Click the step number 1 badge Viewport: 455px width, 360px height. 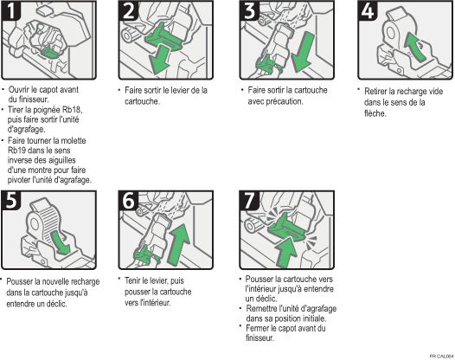(11, 10)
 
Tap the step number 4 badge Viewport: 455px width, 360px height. (368, 10)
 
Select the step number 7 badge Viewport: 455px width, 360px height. (249, 200)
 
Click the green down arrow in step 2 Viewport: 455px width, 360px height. (159, 60)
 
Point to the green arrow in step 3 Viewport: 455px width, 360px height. (303, 53)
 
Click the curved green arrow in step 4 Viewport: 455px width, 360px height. (415, 47)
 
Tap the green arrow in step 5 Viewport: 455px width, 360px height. (61, 242)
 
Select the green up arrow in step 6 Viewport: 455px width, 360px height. (179, 244)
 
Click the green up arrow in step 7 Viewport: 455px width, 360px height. (286, 252)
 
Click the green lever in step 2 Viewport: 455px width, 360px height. (163, 37)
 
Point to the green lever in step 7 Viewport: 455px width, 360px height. (285, 228)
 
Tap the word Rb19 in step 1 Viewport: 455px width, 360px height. (16, 151)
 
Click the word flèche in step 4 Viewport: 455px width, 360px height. (375, 113)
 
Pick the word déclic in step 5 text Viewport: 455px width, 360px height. (55, 304)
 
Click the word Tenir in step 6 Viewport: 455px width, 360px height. (133, 280)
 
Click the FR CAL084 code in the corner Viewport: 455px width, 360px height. (442, 357)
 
